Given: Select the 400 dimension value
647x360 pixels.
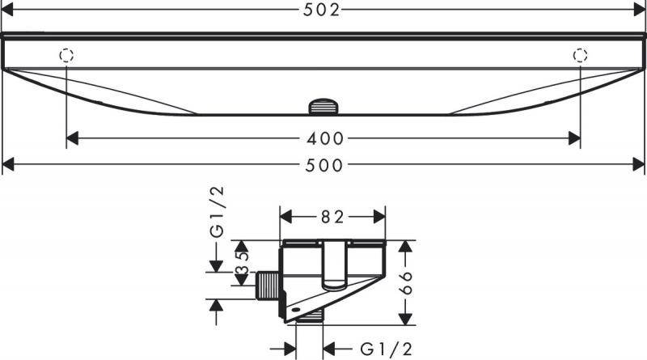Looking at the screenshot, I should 323,138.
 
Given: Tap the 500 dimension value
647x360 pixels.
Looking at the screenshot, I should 323,165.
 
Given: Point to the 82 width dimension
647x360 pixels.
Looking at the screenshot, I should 332,217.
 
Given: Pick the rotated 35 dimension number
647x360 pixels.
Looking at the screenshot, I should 242,264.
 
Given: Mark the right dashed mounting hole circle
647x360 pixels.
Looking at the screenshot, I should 580,55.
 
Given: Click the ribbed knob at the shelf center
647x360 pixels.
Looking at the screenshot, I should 323,105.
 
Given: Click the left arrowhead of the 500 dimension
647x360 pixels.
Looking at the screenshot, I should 9,165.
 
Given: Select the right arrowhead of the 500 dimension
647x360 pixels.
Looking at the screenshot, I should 639,165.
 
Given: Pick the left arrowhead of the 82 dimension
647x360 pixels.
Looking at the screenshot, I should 285,217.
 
